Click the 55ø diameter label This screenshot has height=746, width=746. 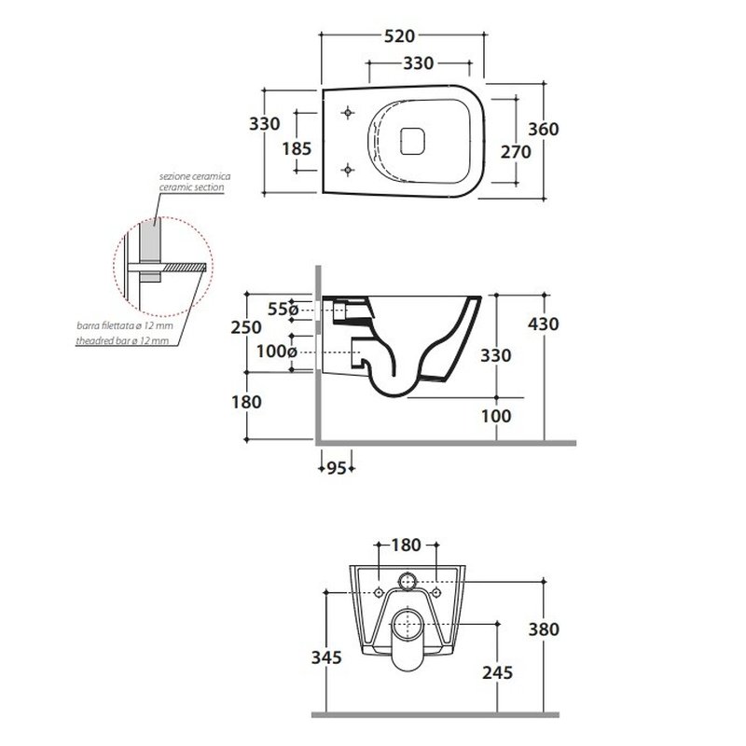click(282, 309)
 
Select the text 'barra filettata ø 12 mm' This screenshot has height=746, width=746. click(125, 328)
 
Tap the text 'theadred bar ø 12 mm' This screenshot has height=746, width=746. click(123, 342)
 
